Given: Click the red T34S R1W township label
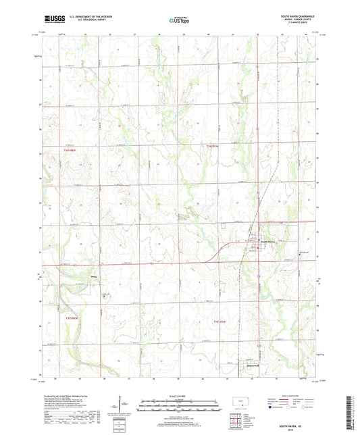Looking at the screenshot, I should tap(213, 145).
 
